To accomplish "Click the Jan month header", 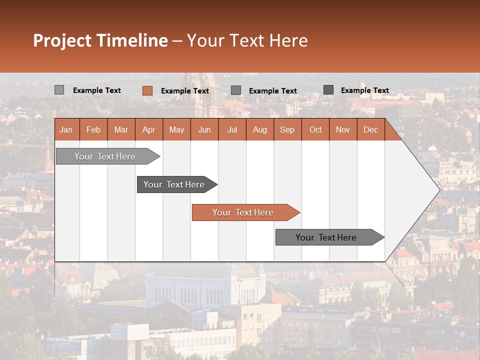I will pos(66,129).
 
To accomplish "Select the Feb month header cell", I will pos(93,129).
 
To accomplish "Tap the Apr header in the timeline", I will pos(149,129).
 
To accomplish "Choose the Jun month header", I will pos(204,129).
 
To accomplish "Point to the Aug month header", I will pos(260,129).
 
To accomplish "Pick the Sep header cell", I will pos(287,129).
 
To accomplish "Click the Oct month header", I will pos(315,129).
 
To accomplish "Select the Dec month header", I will pos(371,129).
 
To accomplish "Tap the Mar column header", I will pos(121,129).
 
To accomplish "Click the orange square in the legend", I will pos(147,90).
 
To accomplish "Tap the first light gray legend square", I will pos(59,90).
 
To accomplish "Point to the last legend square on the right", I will pos(328,90).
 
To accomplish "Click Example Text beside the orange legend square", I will pos(185,91).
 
